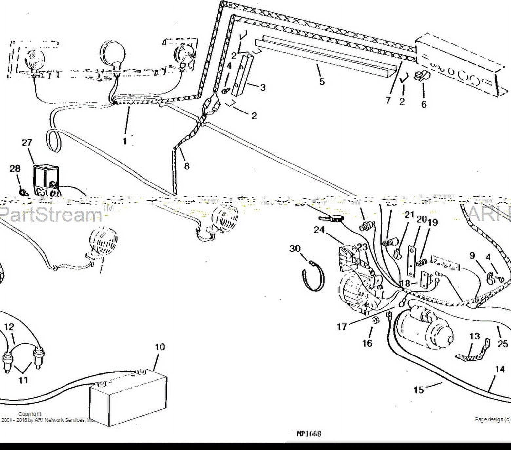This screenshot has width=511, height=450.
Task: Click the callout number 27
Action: coord(27,143)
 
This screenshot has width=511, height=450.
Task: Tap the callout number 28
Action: coord(15,169)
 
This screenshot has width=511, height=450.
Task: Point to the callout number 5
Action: coord(322,81)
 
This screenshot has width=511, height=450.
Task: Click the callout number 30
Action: coord(295,249)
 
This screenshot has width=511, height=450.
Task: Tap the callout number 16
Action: coord(367,343)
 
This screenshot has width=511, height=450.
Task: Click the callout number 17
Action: coord(342,327)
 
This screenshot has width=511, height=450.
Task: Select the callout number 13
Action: coord(475,337)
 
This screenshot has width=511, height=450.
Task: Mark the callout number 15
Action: coord(418,390)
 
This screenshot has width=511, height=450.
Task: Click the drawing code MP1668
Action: coord(309,434)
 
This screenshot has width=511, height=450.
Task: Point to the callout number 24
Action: coord(319,230)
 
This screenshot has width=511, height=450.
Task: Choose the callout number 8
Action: coord(187,166)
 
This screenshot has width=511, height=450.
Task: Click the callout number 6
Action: coord(424,104)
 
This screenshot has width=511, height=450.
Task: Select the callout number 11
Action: coord(23,380)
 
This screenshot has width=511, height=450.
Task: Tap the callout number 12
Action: coord(9,327)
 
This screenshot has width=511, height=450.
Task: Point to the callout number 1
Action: coord(125,141)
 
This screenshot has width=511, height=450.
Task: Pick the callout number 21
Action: coord(409,215)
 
